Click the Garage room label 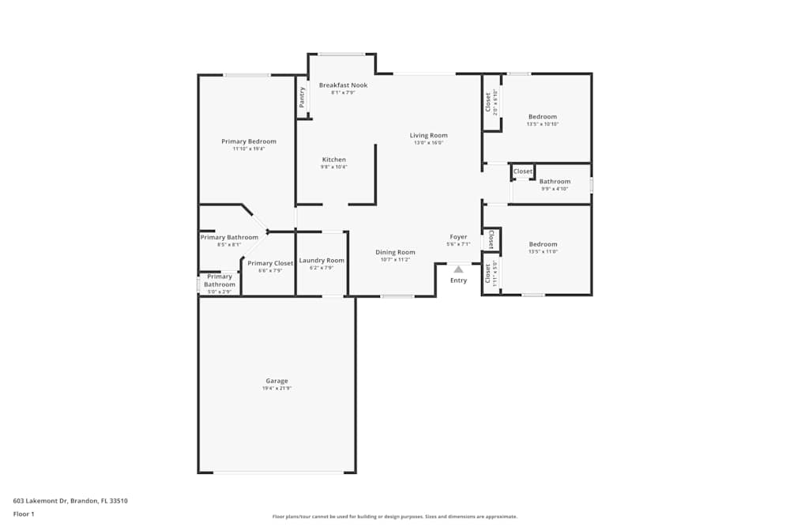click(276, 381)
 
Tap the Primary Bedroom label click(249, 141)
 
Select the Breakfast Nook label click(343, 85)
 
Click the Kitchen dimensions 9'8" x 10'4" click(333, 168)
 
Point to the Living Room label click(428, 135)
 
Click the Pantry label click(302, 97)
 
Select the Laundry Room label click(322, 260)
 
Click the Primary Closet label click(270, 263)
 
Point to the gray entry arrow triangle click(458, 269)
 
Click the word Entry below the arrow click(458, 280)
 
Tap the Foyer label click(458, 237)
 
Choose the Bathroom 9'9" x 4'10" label click(555, 182)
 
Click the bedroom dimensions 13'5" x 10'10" click(543, 124)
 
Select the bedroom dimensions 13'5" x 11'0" click(543, 251)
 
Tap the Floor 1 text click(24, 514)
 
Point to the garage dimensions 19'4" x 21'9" click(276, 389)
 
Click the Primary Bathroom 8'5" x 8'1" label click(229, 237)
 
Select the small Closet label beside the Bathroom click(523, 171)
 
